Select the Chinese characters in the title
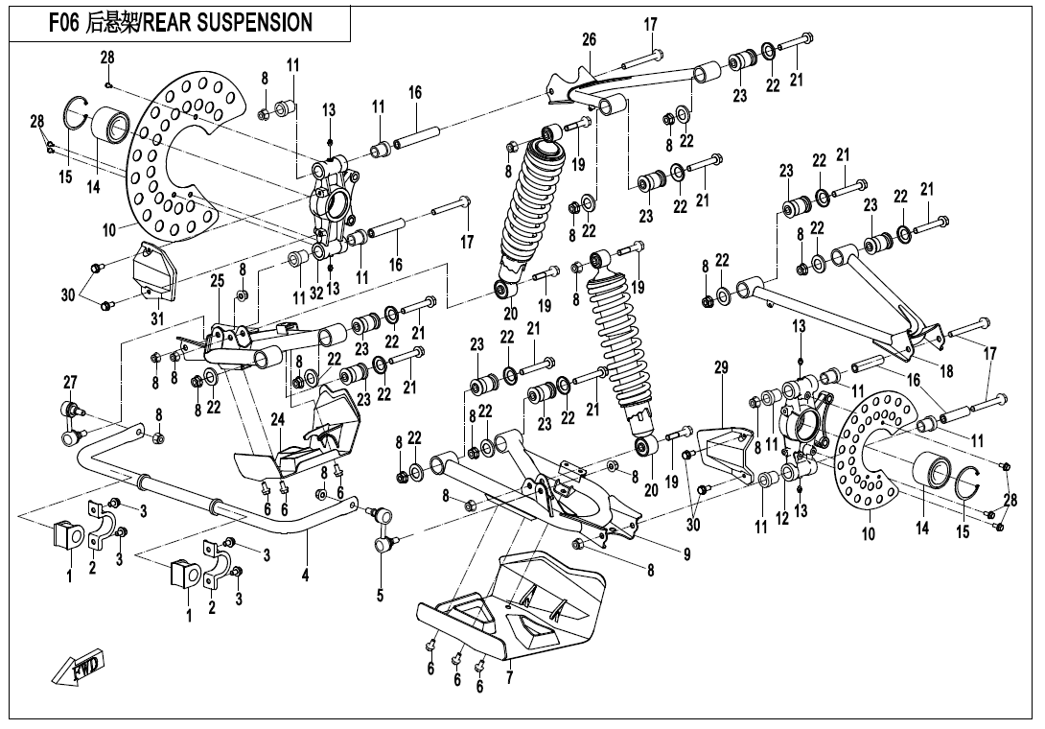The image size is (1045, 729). [113, 22]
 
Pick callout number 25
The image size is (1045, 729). [217, 280]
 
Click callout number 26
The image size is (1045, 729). [589, 39]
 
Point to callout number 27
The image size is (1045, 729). [70, 383]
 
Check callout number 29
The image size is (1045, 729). [721, 366]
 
